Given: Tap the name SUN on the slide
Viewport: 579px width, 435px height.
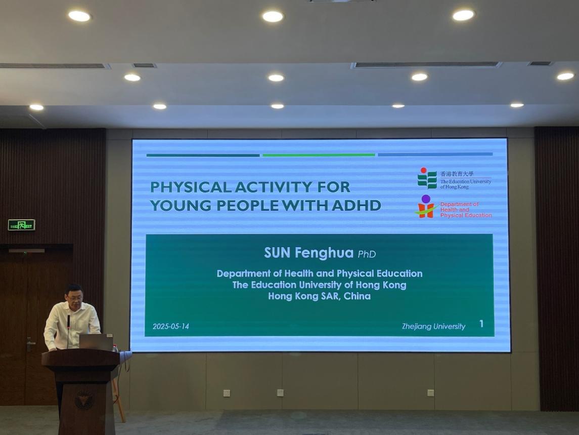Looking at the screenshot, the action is click(277, 253).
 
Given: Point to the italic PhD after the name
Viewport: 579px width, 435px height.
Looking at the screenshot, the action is click(367, 254).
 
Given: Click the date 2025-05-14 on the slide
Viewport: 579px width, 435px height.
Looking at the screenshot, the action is click(170, 326).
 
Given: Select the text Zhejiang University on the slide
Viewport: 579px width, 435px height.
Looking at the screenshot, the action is click(433, 326).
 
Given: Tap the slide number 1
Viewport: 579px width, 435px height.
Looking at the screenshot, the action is click(481, 324).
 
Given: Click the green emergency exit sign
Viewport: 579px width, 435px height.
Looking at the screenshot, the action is click(21, 225).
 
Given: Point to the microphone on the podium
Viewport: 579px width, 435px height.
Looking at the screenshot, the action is click(68, 331).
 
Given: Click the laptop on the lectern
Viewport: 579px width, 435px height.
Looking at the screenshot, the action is click(96, 342).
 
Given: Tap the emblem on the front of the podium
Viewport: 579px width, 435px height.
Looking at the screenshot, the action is click(84, 400).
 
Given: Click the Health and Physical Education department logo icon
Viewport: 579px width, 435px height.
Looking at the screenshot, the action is click(426, 207).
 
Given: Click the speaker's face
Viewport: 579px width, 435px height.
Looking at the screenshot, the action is click(75, 296).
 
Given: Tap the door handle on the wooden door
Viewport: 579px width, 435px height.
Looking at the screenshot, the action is click(30, 344).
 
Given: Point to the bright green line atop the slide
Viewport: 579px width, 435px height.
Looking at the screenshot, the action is click(319, 155).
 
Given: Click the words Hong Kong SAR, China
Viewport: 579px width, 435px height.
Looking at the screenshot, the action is click(320, 296).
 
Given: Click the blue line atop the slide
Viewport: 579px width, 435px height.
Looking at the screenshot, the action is click(435, 154).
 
